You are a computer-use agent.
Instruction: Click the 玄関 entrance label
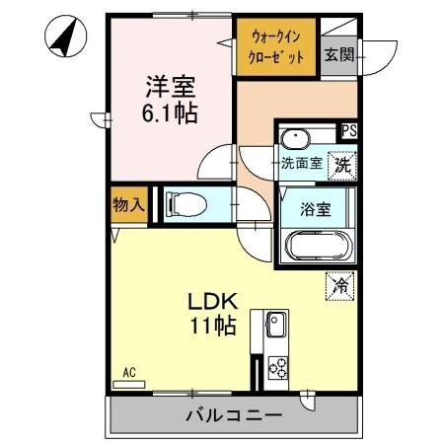tap(338, 54)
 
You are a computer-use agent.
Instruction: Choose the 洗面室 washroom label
tap(300, 163)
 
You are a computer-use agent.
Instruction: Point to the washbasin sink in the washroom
tap(296, 137)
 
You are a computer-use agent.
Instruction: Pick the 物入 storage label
tap(128, 205)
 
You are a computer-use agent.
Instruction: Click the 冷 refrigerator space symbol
tap(339, 286)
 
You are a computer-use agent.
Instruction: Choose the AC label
tap(128, 372)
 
